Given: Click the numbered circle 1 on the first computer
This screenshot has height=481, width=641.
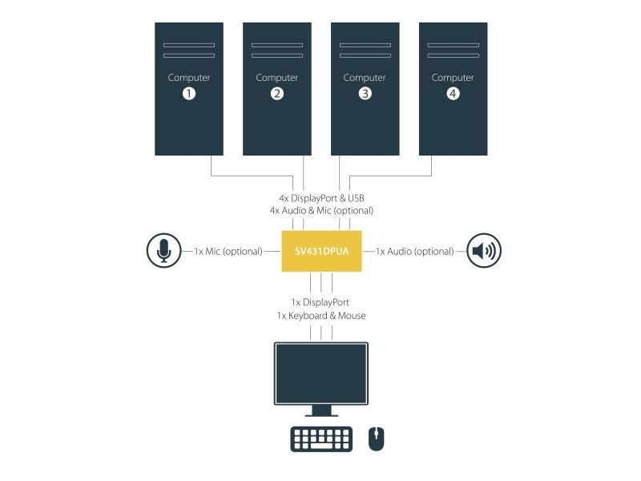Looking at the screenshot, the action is [x=189, y=94].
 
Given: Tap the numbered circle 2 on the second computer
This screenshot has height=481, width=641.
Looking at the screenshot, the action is [x=277, y=94].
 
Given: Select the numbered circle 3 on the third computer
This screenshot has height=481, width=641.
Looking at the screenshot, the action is [x=365, y=94].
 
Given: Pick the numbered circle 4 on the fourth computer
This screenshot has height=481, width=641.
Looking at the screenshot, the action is [x=453, y=94].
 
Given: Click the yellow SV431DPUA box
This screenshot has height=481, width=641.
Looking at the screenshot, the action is [x=322, y=251].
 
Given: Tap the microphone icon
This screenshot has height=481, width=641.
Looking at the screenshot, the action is [x=164, y=251].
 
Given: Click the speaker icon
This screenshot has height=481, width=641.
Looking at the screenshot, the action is [x=484, y=251].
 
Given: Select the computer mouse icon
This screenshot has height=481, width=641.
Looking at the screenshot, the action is [x=376, y=439].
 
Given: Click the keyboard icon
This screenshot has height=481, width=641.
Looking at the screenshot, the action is [x=321, y=439].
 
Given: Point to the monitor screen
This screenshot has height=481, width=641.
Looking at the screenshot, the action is [x=321, y=374].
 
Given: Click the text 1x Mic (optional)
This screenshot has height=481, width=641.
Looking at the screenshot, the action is [x=228, y=252].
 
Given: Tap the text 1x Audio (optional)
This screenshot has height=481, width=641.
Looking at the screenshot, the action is [x=414, y=252].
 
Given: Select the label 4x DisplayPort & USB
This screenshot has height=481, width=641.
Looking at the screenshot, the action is [x=322, y=198].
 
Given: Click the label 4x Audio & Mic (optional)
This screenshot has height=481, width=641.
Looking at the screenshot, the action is [x=321, y=211].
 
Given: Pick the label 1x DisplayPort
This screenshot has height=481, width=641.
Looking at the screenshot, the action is [x=320, y=303].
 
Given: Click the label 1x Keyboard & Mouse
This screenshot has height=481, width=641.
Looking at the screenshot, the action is [x=321, y=316].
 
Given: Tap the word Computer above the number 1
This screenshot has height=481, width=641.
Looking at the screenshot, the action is [x=189, y=78].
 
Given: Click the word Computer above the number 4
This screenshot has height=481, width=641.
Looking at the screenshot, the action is [x=453, y=78].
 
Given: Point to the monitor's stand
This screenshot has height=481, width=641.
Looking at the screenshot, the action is [x=321, y=410].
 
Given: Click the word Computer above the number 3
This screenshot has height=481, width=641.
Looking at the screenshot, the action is [x=365, y=78].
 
